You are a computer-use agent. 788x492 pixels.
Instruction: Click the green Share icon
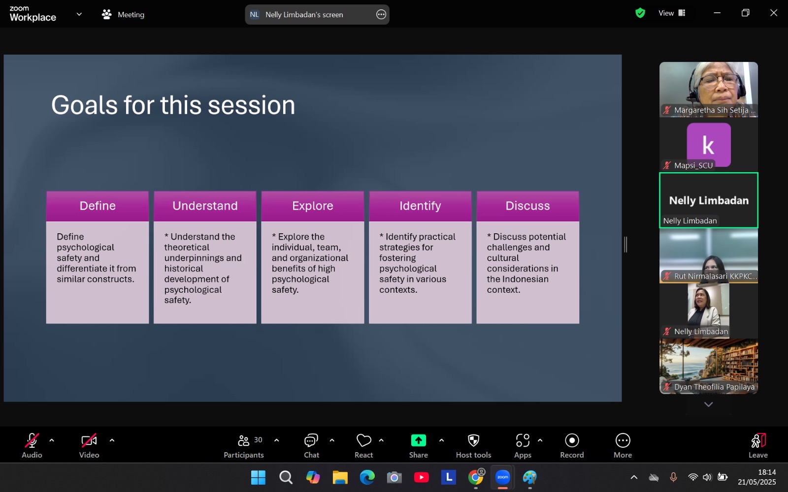418,440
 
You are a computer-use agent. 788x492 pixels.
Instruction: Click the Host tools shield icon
473,440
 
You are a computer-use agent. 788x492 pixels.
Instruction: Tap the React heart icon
364,440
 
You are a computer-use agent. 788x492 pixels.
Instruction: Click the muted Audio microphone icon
32,440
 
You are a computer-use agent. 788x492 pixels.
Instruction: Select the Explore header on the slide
313,206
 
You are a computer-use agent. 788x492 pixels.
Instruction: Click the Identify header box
420,206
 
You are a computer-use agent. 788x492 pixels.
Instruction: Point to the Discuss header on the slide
527,206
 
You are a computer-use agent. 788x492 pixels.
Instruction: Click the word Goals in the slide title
84,105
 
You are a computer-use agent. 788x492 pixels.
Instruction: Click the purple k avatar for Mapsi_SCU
709,145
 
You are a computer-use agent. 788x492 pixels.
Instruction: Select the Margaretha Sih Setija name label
714,110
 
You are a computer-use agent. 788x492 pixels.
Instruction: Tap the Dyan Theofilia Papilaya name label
714,387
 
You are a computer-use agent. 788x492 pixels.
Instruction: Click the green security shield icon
640,13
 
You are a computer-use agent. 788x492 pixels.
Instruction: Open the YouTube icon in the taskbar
422,477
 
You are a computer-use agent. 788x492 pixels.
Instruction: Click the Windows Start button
258,477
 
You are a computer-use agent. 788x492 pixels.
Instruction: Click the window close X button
774,13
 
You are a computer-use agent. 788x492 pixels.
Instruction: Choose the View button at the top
672,13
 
